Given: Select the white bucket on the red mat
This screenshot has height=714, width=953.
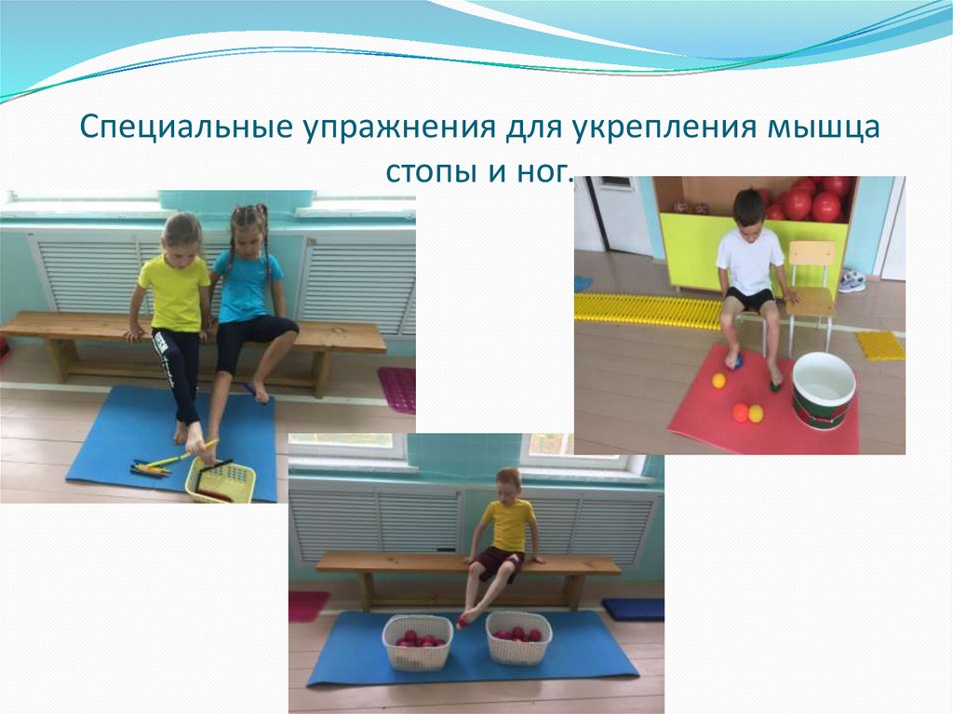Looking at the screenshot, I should (x=823, y=389).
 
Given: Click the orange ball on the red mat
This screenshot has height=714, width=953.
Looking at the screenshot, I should (x=740, y=412).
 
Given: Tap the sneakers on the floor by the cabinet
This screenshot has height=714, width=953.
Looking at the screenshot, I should (x=851, y=280).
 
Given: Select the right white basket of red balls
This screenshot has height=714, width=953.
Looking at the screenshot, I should (x=518, y=639).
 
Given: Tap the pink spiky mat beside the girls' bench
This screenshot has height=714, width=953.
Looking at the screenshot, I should (x=397, y=388).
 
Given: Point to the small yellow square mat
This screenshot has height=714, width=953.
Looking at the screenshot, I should (x=879, y=345).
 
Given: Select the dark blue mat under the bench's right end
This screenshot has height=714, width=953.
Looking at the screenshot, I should (x=633, y=609).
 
